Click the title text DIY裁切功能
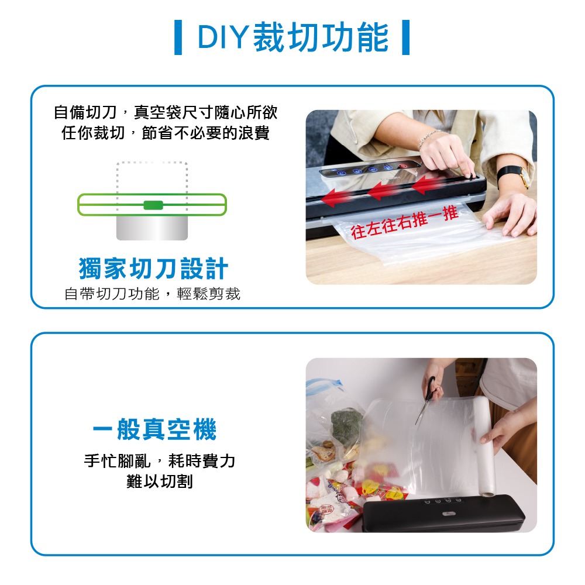[293, 37]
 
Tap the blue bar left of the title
[178, 37]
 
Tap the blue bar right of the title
[405, 37]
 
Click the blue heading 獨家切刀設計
[153, 269]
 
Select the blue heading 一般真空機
[154, 429]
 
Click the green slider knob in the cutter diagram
[153, 205]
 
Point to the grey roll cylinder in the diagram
[152, 227]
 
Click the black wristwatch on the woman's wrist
[514, 175]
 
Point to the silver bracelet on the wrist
[428, 137]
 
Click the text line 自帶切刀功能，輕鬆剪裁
[152, 294]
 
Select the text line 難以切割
[160, 481]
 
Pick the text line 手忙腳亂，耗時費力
[160, 461]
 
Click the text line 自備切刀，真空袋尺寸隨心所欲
[166, 112]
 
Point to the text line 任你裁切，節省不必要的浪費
[166, 133]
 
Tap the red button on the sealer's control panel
[402, 166]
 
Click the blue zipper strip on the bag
[325, 383]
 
